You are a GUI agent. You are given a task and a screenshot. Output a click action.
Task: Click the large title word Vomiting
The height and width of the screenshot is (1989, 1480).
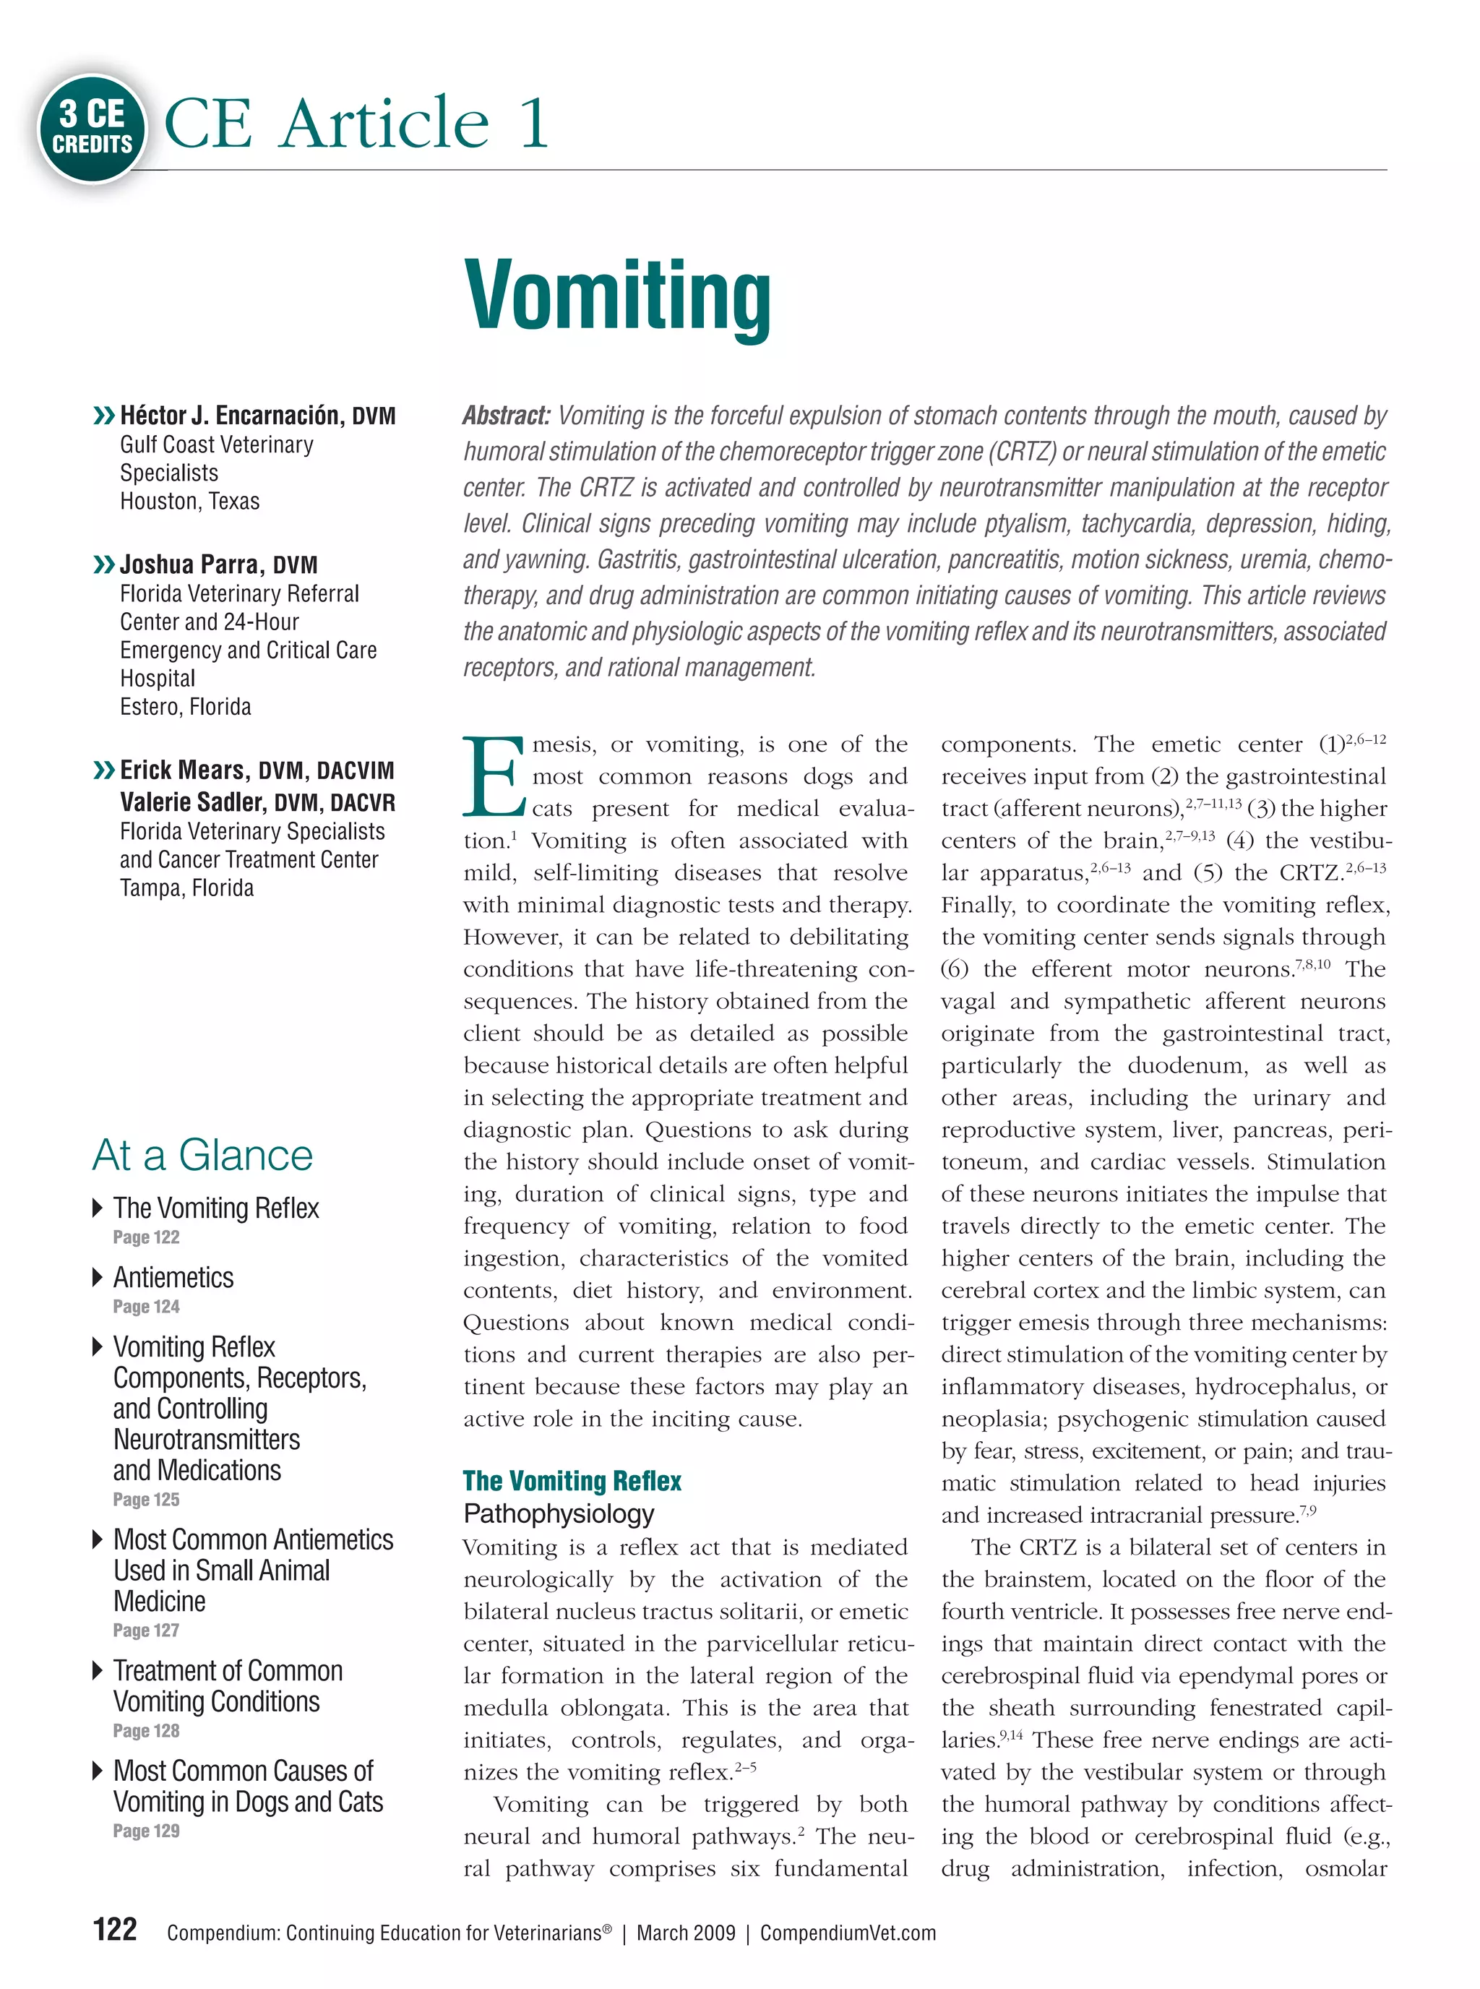coord(617,296)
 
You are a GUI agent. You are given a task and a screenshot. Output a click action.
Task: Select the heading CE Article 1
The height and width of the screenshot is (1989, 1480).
coord(356,123)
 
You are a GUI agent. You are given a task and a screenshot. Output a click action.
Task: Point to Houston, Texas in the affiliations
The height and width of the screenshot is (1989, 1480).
coord(190,501)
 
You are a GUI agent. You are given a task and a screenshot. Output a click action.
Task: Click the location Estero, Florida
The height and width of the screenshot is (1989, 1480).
coord(186,707)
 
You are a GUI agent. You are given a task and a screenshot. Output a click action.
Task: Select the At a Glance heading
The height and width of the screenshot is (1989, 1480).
coord(202,1155)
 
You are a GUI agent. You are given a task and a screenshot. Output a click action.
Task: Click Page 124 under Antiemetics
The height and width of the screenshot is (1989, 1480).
coord(146,1306)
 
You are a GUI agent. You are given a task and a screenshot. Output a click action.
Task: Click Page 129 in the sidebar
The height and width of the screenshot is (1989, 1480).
coord(146,1831)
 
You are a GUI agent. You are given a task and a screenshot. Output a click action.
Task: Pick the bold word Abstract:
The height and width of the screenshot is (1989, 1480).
coord(506,416)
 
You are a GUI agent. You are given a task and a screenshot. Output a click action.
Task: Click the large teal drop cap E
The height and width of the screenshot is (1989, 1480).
coord(493,777)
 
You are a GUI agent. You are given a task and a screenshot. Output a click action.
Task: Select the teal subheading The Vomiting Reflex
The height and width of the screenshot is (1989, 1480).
coord(572,1481)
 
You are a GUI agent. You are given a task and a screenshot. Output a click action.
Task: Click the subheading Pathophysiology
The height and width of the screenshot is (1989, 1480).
coord(558,1513)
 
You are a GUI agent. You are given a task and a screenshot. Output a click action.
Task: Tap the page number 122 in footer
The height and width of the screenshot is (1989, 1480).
coord(115,1929)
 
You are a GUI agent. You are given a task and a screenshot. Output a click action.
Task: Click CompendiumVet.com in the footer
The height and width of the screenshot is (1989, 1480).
coord(848,1933)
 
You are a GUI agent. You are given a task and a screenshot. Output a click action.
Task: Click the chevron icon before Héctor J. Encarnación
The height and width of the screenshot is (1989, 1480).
coord(104,415)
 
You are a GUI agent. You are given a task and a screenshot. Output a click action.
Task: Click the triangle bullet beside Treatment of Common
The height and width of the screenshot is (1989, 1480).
coord(98,1670)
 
